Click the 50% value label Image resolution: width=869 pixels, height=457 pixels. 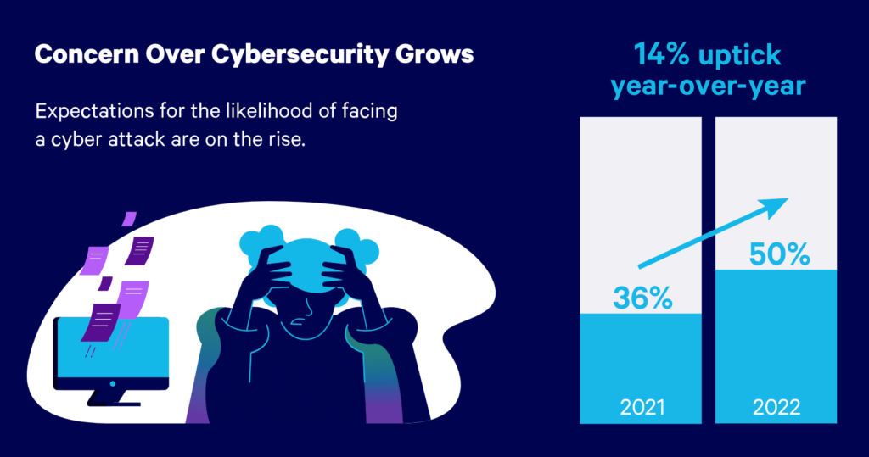coord(776,254)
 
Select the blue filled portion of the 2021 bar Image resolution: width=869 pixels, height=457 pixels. coord(641,356)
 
